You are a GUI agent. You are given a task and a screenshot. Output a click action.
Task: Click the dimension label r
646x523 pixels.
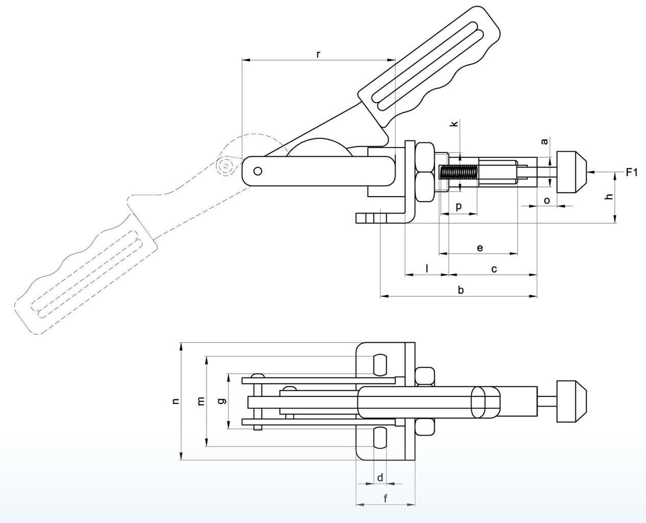(x=318, y=55)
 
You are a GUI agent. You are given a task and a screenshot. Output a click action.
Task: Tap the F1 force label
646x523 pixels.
(x=632, y=173)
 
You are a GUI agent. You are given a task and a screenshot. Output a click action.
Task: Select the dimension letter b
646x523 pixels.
(x=461, y=290)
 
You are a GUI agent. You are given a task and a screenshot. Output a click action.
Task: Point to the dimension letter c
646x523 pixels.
(x=494, y=269)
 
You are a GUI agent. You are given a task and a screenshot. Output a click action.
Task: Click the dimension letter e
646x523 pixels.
(x=480, y=248)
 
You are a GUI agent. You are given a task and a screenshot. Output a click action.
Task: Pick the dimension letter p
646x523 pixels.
(x=459, y=207)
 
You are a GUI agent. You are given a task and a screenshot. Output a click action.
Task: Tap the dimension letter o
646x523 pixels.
(x=547, y=201)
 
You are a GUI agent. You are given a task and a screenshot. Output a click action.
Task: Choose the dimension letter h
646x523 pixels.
(x=609, y=196)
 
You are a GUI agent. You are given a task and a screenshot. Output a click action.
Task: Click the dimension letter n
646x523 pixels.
(x=175, y=401)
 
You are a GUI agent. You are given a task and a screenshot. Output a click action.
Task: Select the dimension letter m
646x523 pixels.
(x=201, y=401)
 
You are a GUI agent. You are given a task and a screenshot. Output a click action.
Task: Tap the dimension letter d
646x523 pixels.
(x=380, y=477)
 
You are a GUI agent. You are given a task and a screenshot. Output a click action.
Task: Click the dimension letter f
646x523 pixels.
(x=386, y=498)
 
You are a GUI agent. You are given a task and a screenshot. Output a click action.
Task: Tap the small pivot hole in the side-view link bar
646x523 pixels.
(x=258, y=171)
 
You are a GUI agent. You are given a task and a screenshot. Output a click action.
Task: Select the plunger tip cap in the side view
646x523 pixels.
(x=571, y=172)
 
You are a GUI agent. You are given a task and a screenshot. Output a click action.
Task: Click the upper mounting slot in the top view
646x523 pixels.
(x=380, y=365)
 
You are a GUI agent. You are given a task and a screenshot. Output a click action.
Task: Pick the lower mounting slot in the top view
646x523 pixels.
(x=380, y=438)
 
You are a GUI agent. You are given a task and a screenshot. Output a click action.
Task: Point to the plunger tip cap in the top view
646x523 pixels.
(x=571, y=401)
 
